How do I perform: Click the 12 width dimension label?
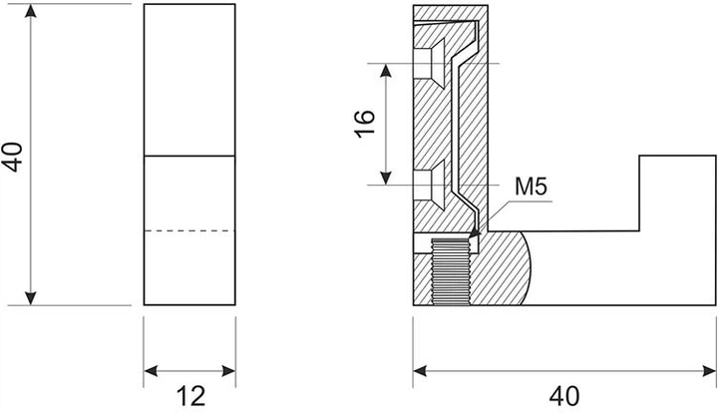pos(190,396)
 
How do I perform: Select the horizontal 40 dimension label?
pos(564,396)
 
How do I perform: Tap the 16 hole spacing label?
pos(365,124)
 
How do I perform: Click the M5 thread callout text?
pos(531,187)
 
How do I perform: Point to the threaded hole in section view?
pos(451,271)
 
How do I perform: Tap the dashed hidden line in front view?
pos(189,231)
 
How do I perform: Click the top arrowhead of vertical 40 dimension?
pos(30,11)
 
